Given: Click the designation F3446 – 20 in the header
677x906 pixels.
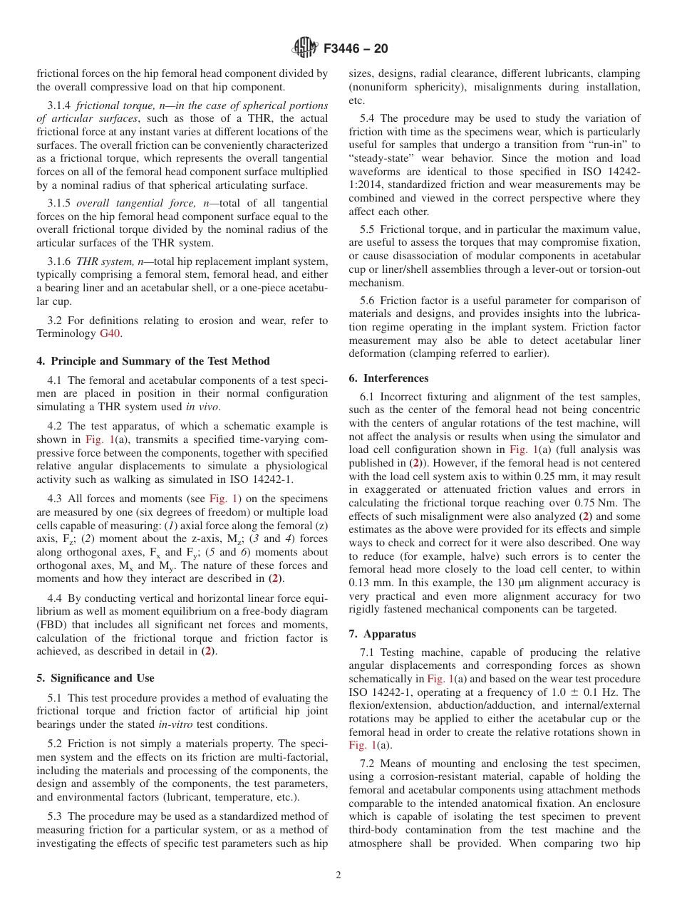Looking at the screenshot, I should pyautogui.click(x=356, y=49).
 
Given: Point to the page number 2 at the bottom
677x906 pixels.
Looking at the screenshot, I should pyautogui.click(x=338, y=875).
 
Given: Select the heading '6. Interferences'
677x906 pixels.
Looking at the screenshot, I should pyautogui.click(x=388, y=378).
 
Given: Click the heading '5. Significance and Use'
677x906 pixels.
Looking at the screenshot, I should pyautogui.click(x=95, y=678).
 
